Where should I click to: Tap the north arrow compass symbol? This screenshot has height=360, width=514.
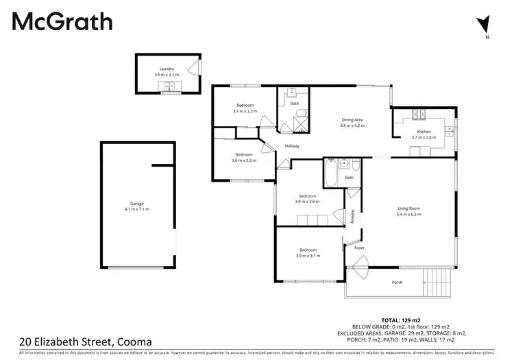[487, 23]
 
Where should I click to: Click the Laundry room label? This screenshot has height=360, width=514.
[167, 69]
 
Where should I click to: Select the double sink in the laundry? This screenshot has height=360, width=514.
[168, 86]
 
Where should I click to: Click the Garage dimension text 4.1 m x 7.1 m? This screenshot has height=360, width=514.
[137, 208]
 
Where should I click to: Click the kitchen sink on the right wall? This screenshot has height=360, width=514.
[450, 129]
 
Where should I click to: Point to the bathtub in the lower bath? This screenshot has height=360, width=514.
[330, 173]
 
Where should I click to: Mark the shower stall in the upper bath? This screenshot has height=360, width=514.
[299, 124]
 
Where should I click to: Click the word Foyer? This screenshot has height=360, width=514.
[359, 248]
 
